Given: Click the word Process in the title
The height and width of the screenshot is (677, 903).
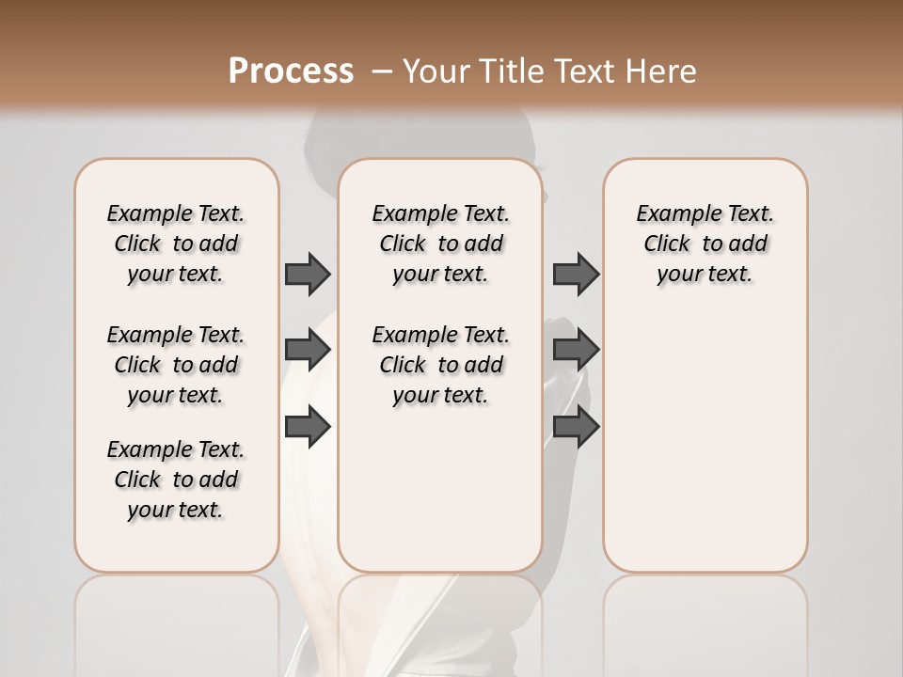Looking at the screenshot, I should pyautogui.click(x=291, y=71).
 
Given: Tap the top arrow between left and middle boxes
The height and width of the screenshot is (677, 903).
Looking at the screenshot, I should pyautogui.click(x=308, y=274).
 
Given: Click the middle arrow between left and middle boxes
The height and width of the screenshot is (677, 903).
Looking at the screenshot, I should pyautogui.click(x=308, y=350).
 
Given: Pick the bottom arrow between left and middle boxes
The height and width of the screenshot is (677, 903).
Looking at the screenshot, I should pyautogui.click(x=308, y=427).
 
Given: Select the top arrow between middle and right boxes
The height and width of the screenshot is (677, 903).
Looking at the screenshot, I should pyautogui.click(x=576, y=274).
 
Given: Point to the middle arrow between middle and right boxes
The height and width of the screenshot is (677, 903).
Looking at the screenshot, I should pyautogui.click(x=576, y=350).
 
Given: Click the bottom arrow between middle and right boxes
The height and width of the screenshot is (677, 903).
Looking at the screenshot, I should pyautogui.click(x=576, y=427).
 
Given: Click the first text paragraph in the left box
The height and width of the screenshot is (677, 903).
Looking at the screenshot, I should pyautogui.click(x=176, y=244).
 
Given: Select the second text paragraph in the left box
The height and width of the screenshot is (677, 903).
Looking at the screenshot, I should pyautogui.click(x=176, y=365).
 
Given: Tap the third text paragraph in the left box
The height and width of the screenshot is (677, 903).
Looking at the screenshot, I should pyautogui.click(x=176, y=480).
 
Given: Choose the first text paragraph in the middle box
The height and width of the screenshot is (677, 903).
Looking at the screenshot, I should pyautogui.click(x=440, y=244).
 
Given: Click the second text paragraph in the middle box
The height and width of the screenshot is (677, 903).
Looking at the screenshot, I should pyautogui.click(x=440, y=365).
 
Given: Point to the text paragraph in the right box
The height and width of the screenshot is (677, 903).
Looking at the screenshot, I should pyautogui.click(x=705, y=244).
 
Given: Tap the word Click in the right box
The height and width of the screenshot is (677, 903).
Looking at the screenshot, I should pyautogui.click(x=667, y=244).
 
